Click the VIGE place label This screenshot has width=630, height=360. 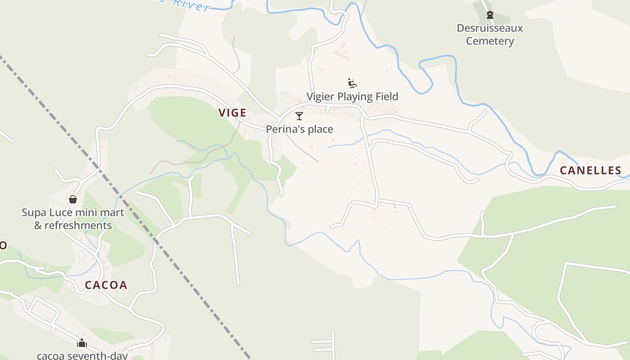233,112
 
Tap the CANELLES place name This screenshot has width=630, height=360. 590,171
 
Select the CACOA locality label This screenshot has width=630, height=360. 106,285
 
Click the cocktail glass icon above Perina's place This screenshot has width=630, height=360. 299,116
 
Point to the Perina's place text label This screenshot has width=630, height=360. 299,129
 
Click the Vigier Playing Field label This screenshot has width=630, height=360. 352,96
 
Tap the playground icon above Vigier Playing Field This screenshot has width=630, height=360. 352,83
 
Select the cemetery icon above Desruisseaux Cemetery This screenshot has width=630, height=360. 490,15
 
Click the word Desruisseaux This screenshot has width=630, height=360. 490,28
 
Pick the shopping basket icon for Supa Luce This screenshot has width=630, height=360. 73,199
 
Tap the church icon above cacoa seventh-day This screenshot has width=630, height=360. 81,343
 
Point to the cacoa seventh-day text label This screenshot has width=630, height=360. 82,355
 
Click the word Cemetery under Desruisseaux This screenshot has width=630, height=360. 490,41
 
